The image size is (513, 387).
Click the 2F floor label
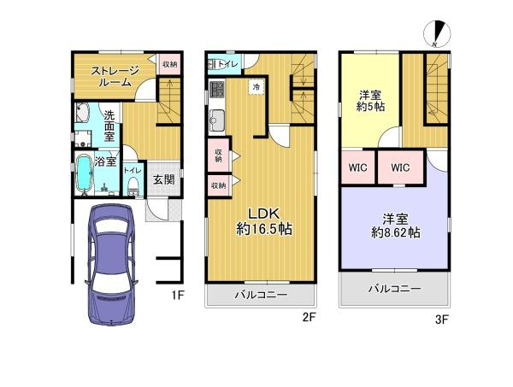pos(310,317)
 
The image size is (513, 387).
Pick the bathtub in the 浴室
pos(84,174)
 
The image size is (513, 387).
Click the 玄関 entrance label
pos(164,179)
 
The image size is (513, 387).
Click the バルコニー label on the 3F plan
pos(394,290)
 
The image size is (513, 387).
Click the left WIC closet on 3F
pos(358,167)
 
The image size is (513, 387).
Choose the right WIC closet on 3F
pos(401,167)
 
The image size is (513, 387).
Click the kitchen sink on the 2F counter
pos(215,119)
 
